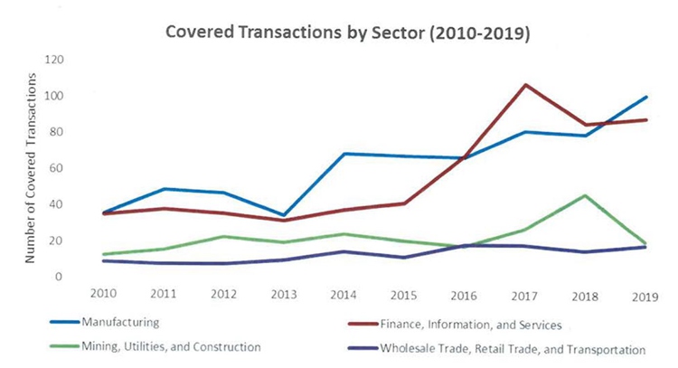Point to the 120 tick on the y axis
click(x=60, y=60)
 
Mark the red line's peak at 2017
click(x=525, y=85)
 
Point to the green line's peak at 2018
click(x=585, y=195)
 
